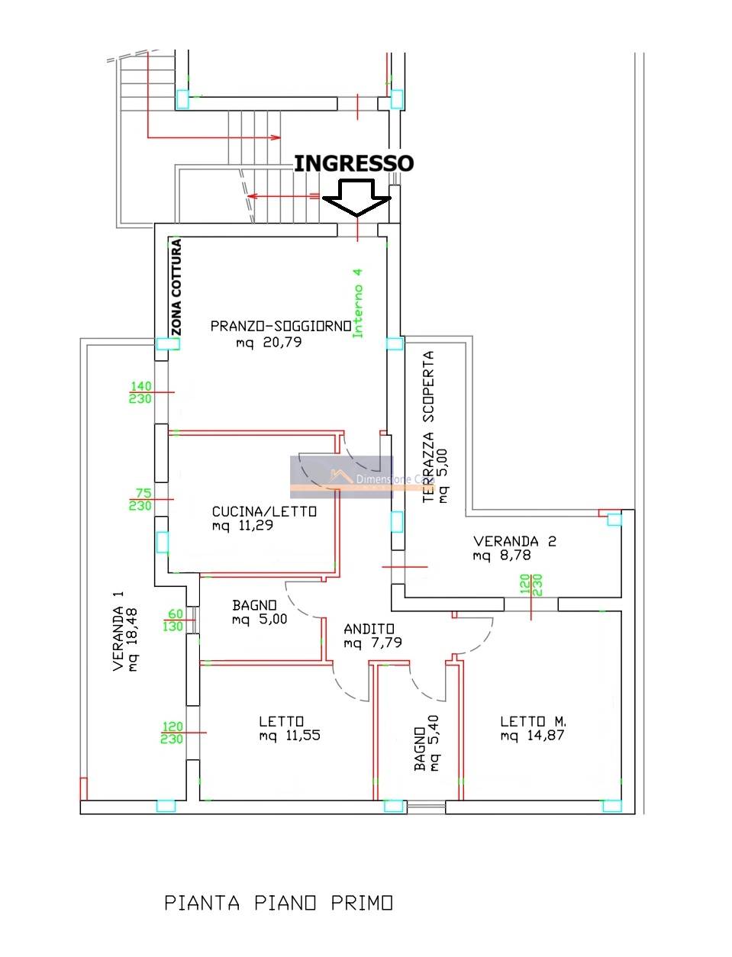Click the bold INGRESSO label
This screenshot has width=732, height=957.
click(x=353, y=163)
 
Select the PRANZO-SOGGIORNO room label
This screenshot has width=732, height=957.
click(x=281, y=326)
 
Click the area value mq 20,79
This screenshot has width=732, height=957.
click(x=269, y=343)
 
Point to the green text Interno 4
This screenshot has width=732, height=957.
click(x=357, y=302)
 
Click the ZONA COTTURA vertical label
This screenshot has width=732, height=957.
click(x=176, y=287)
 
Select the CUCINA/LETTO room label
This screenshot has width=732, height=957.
click(x=264, y=511)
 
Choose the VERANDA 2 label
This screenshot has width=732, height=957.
click(x=514, y=541)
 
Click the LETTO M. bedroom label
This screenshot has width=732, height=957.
click(x=533, y=721)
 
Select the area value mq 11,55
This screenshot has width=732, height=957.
click(x=289, y=736)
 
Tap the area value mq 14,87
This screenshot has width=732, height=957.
click(x=533, y=736)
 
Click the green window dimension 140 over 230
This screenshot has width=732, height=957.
click(x=140, y=393)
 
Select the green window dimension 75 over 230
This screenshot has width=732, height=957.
click(x=140, y=500)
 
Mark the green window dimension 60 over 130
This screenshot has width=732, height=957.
click(x=175, y=620)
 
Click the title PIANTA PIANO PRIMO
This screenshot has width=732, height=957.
click(x=279, y=904)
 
